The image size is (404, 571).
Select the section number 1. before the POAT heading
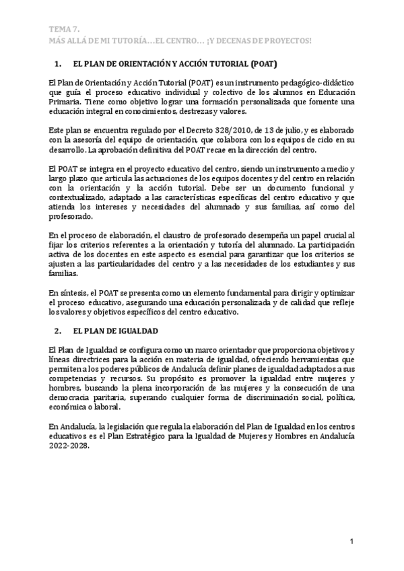coord(57,65)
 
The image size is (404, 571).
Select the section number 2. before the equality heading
coord(57,331)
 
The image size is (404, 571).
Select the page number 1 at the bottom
coord(351,542)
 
